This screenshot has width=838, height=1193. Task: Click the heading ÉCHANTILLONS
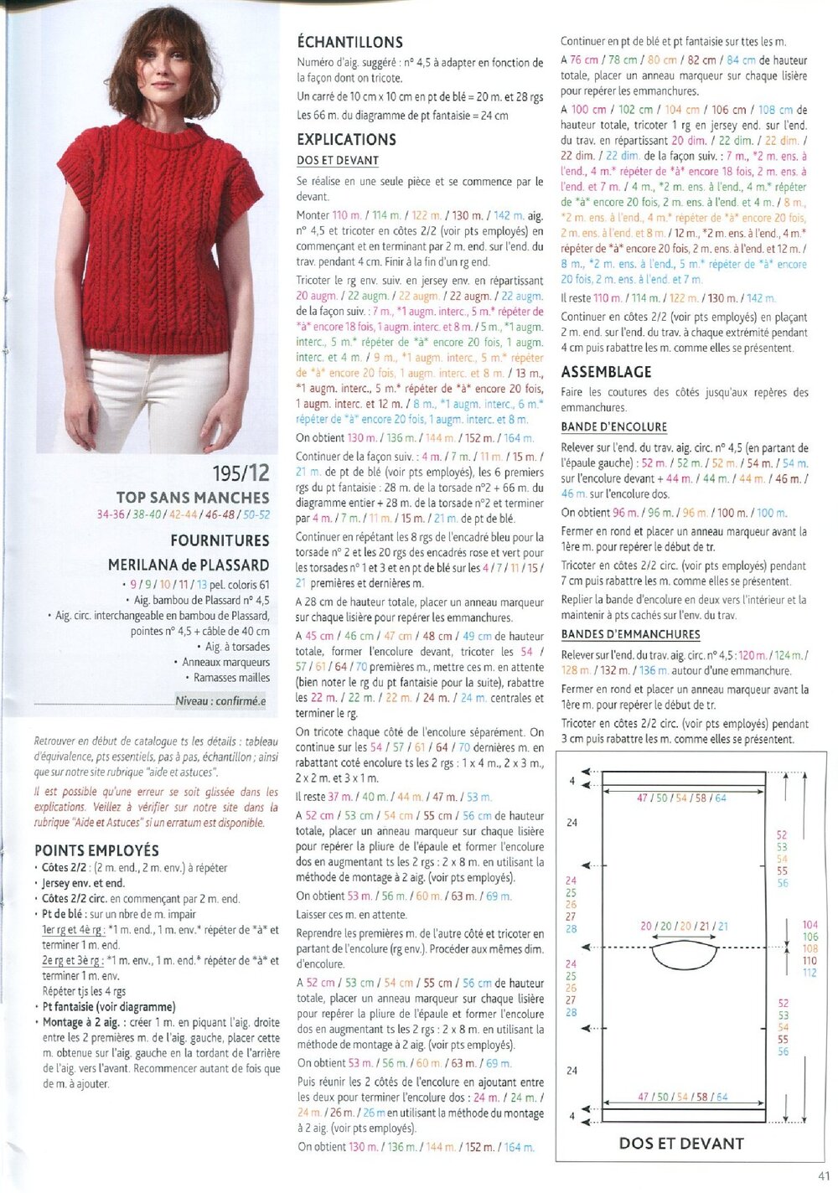tap(349, 42)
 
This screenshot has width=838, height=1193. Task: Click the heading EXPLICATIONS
tap(346, 140)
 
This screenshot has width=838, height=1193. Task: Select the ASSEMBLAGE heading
tap(606, 372)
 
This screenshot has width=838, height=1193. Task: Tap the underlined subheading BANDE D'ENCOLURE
tap(613, 426)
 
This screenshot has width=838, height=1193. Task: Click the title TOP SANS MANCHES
tap(193, 498)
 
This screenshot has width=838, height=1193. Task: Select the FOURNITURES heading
tap(220, 540)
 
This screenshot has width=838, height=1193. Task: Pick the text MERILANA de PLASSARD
tap(189, 566)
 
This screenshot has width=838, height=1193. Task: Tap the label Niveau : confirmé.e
tap(220, 701)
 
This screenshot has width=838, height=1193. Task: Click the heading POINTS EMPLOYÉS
tap(96, 850)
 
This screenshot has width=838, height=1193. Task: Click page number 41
tap(823, 1176)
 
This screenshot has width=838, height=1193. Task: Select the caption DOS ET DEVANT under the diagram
tap(681, 1143)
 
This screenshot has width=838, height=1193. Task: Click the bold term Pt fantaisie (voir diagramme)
tap(109, 1007)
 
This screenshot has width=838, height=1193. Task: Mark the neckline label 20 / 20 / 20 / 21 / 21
tap(684, 927)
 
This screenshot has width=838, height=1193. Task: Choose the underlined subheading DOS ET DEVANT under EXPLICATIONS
tap(338, 160)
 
